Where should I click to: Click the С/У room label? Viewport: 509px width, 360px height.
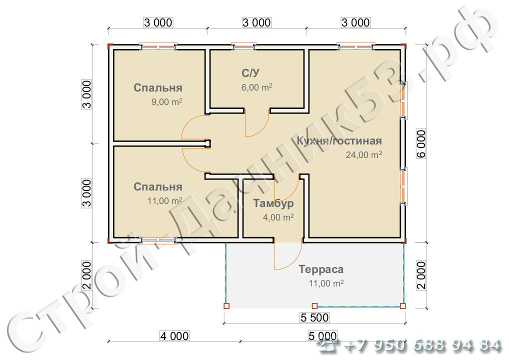point(250,73)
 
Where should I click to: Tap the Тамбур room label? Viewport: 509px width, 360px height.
point(273,203)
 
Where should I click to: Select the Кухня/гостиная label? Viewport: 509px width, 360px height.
point(339,141)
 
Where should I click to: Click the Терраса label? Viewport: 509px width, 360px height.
point(321,269)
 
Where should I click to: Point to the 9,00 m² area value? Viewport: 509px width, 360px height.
point(167,101)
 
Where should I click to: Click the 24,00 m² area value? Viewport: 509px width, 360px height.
point(364,154)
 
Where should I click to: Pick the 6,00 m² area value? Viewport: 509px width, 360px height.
point(257,87)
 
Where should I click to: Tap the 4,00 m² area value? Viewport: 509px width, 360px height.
point(278,217)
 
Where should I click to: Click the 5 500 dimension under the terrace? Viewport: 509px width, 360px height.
point(314,317)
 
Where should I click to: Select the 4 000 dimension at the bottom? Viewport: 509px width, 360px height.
point(174,336)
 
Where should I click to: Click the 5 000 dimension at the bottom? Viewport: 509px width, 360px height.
point(322,336)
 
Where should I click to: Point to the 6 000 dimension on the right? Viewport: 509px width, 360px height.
point(421,144)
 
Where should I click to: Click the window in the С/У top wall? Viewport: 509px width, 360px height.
point(243,47)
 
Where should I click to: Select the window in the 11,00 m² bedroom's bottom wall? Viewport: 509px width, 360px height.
point(158,240)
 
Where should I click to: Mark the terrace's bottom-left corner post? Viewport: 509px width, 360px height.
point(226,306)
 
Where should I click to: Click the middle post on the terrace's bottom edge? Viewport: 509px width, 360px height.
point(314,306)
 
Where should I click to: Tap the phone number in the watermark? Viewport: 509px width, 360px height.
point(422,346)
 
